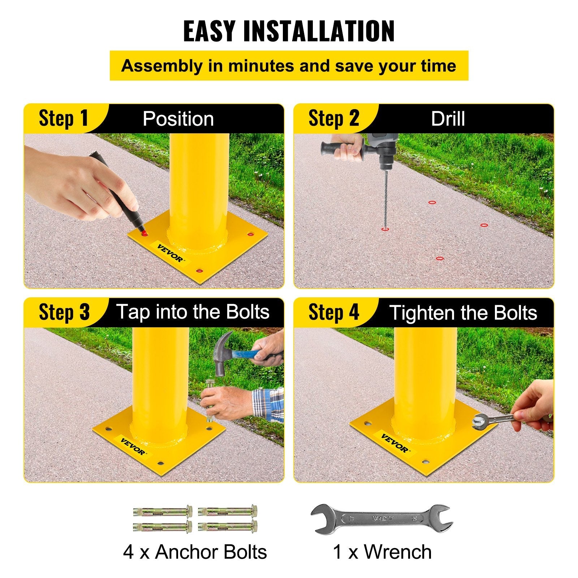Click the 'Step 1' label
click(x=63, y=118)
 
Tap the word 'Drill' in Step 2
click(x=448, y=119)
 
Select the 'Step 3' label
click(x=64, y=312)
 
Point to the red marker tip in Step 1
click(x=143, y=233)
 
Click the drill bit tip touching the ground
click(x=385, y=228)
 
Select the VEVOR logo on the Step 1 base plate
click(x=170, y=253)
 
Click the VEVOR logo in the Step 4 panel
click(x=394, y=443)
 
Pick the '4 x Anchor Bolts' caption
click(x=195, y=552)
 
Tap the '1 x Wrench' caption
click(x=382, y=552)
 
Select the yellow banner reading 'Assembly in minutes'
click(x=289, y=66)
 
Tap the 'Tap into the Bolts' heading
click(x=193, y=312)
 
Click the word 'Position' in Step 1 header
click(x=178, y=119)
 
